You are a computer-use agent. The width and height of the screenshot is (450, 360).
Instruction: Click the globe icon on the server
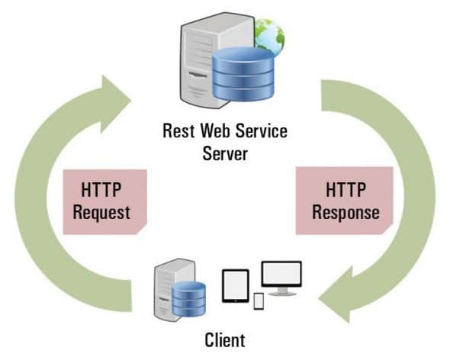(x=268, y=34)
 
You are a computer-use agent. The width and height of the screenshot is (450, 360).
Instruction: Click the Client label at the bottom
(x=225, y=340)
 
